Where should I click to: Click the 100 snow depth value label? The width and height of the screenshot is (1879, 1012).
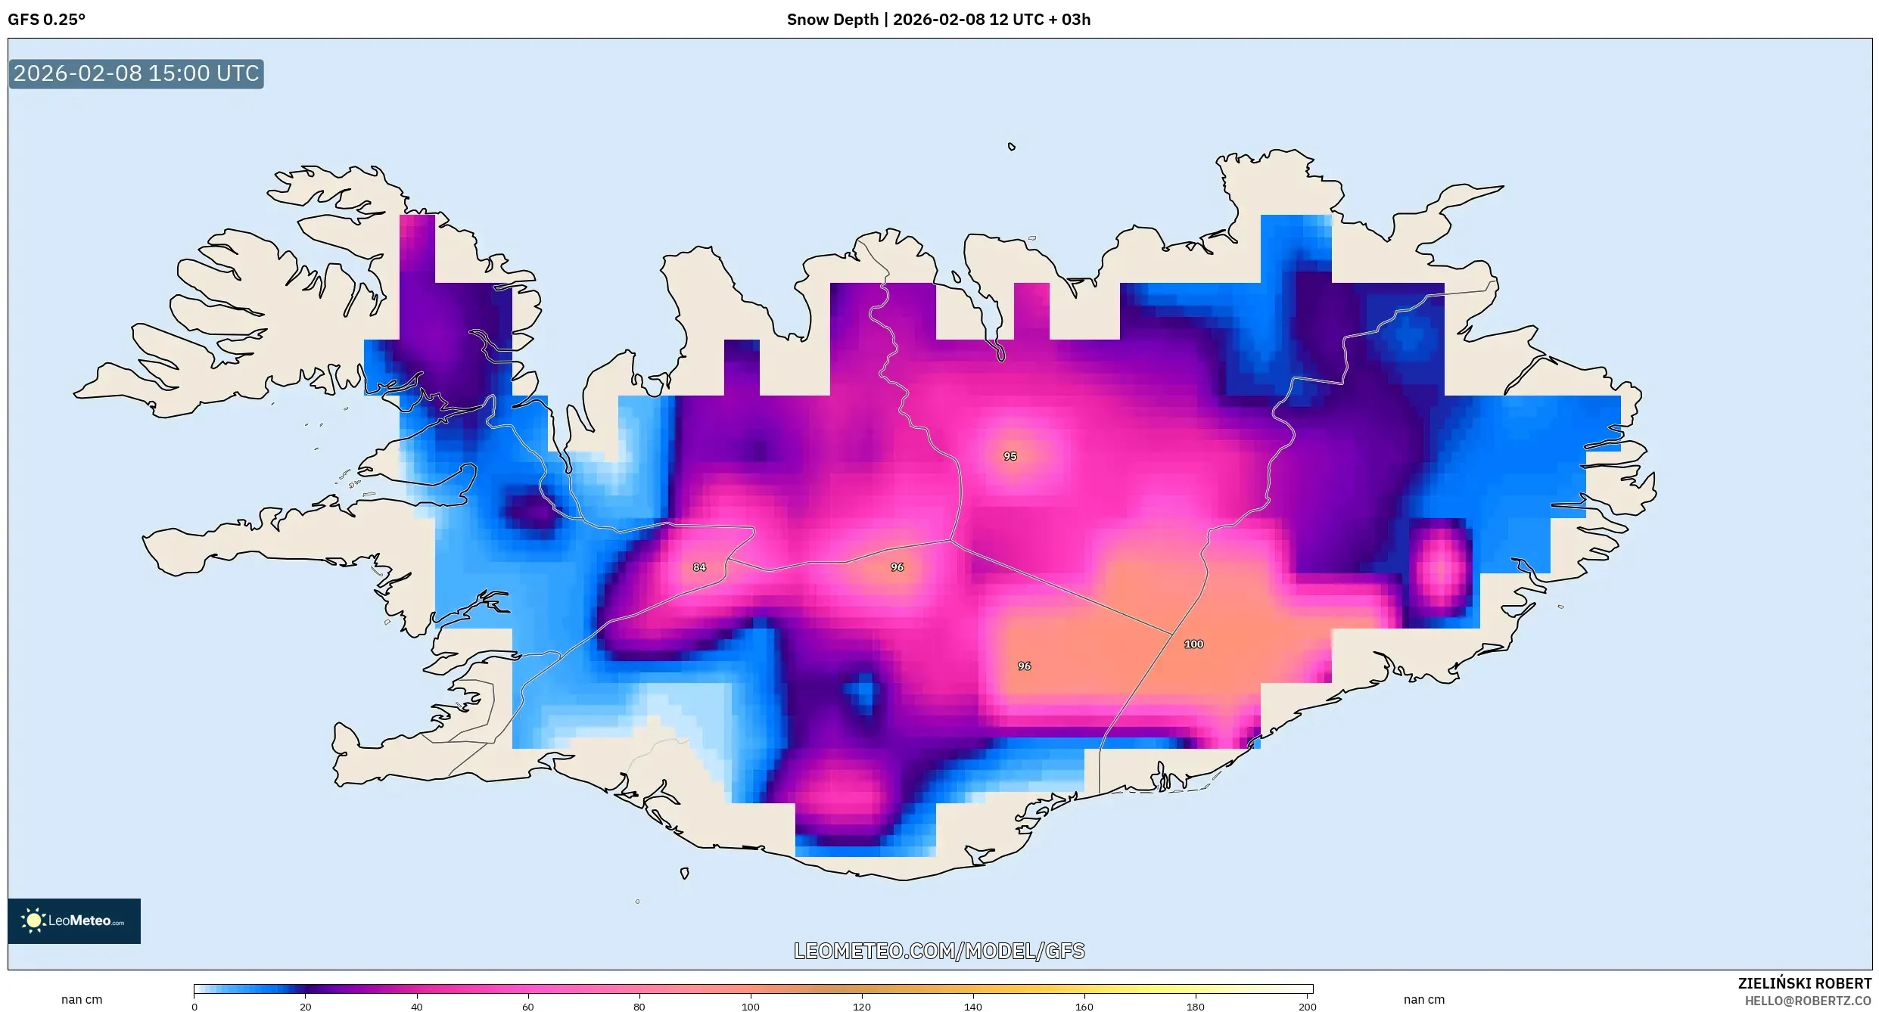click(x=1193, y=644)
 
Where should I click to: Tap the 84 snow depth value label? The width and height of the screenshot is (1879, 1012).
click(x=699, y=567)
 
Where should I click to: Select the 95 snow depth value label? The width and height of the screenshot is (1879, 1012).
click(x=1010, y=456)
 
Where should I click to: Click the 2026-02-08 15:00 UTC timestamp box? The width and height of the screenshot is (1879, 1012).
click(x=136, y=73)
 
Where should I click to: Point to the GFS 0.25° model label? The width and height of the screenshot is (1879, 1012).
click(x=47, y=20)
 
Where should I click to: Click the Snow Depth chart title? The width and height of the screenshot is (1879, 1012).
click(x=938, y=20)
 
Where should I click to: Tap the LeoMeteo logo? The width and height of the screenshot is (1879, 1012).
click(x=74, y=920)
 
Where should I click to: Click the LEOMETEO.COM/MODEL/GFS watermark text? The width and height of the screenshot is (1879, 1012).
click(x=939, y=951)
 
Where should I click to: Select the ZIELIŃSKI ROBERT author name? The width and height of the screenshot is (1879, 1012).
click(x=1804, y=983)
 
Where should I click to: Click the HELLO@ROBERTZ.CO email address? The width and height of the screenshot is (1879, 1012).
click(x=1808, y=1001)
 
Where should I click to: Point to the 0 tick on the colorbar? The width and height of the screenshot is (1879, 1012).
click(x=194, y=1007)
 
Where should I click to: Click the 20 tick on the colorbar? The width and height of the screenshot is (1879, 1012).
click(x=306, y=1007)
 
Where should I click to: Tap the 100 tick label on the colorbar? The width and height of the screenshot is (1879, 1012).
click(x=751, y=1007)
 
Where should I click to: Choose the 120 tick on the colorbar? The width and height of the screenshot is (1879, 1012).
click(x=862, y=1007)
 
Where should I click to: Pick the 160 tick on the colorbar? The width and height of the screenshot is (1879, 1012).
click(x=1084, y=1007)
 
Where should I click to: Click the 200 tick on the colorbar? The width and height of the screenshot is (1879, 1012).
click(x=1307, y=1007)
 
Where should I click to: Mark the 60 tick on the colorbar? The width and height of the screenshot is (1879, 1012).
click(x=528, y=1007)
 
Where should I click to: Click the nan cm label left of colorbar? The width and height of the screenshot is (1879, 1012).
click(x=82, y=999)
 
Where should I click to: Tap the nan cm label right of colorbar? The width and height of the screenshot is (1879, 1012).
click(x=1424, y=999)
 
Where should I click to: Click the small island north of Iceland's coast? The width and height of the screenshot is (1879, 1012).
click(x=1012, y=147)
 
